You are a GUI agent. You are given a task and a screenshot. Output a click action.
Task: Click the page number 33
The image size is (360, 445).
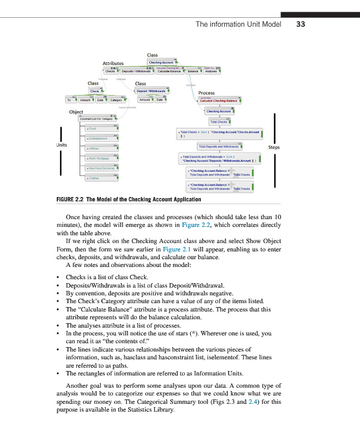[x=301, y=24]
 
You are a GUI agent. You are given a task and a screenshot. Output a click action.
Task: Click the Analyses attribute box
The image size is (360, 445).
[x=211, y=71]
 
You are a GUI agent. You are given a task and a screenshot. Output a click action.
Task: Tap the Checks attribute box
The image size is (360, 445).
[x=110, y=71]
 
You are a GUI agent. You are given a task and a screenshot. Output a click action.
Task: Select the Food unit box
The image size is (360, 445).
[x=101, y=128]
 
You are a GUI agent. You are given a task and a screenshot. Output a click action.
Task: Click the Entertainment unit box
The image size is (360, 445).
[x=101, y=138]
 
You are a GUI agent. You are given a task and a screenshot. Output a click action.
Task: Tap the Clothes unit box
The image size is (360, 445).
[x=101, y=178]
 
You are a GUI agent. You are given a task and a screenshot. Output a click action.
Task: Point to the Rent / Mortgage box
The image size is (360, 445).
[x=101, y=159]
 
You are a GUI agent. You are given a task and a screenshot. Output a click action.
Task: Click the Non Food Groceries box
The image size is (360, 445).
[x=101, y=168]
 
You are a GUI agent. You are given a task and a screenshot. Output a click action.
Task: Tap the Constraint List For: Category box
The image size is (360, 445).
[x=98, y=118]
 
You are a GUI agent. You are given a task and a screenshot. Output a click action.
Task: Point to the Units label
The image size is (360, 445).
[x=62, y=145]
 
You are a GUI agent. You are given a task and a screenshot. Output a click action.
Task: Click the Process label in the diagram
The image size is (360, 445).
[x=206, y=93]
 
